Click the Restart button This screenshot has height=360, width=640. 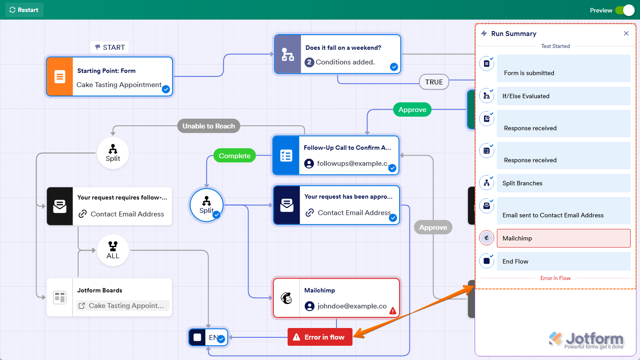pyautogui.click(x=24, y=10)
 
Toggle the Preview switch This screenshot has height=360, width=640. pyautogui.click(x=624, y=10)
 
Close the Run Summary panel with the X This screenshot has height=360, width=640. pyautogui.click(x=626, y=33)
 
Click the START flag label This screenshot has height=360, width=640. pyautogui.click(x=110, y=47)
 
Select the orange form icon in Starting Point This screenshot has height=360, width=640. pyautogui.click(x=60, y=76)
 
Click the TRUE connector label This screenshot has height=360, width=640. pyautogui.click(x=434, y=82)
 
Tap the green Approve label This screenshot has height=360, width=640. pyautogui.click(x=412, y=110)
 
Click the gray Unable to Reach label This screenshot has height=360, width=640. pyautogui.click(x=208, y=126)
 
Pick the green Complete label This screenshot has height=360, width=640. pyautogui.click(x=234, y=156)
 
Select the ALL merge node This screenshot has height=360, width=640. pyautogui.click(x=113, y=250)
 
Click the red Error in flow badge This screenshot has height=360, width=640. pyautogui.click(x=320, y=337)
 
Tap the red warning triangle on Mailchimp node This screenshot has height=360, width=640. pyautogui.click(x=393, y=311)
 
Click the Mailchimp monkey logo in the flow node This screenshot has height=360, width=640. pyautogui.click(x=287, y=298)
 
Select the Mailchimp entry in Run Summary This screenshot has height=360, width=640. pyautogui.click(x=563, y=238)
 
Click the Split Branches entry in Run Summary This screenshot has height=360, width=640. pyautogui.click(x=563, y=183)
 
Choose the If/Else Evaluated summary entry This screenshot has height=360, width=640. pyautogui.click(x=563, y=96)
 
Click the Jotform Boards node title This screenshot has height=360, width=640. pyautogui.click(x=100, y=290)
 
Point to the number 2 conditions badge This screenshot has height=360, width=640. pyautogui.click(x=309, y=62)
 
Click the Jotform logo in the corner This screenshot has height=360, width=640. pyautogui.click(x=586, y=340)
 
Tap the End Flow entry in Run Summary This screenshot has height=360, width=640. pyautogui.click(x=563, y=261)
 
